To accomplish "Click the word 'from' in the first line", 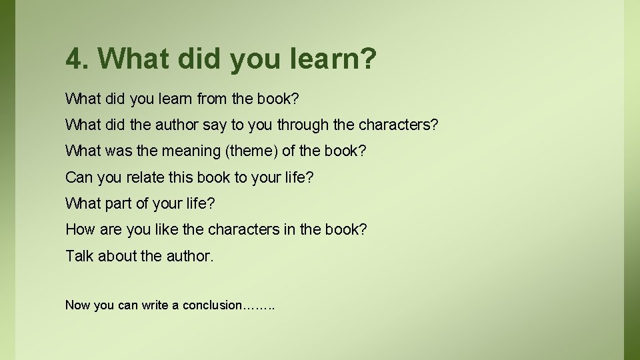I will point(211,99).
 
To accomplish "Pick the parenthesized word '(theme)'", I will point(252,151).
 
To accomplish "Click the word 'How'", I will point(80,229).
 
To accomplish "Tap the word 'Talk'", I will point(79,255).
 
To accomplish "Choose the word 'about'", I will point(117,255).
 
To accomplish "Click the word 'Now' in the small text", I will point(78,305).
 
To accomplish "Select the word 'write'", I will point(155,305).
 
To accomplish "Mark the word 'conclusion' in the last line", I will point(213,305).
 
